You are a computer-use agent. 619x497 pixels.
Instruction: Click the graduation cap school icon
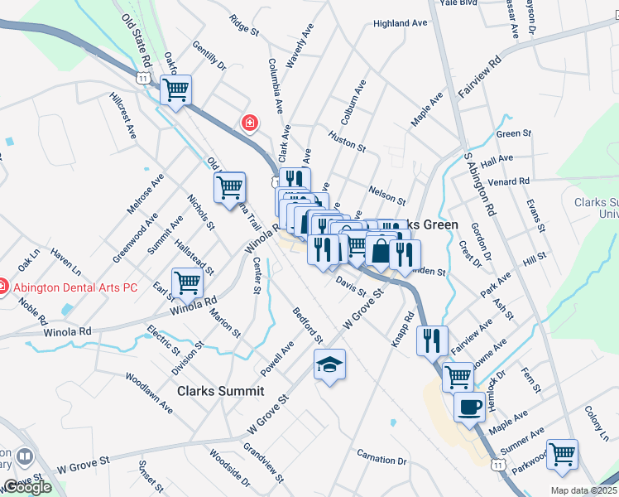point(329,364)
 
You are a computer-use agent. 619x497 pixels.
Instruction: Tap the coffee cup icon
point(470,408)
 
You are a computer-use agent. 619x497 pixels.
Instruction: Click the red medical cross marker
point(248,123)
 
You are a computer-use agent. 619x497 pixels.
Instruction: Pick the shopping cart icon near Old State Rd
point(175,89)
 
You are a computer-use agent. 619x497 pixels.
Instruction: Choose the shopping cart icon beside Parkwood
point(563,454)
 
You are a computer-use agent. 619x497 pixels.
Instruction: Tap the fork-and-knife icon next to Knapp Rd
point(432,340)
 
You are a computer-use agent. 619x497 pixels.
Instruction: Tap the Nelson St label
point(386,195)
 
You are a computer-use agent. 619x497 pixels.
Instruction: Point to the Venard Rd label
point(509,181)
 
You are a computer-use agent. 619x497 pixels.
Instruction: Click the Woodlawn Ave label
point(149,393)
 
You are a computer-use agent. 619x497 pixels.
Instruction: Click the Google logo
point(27,487)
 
